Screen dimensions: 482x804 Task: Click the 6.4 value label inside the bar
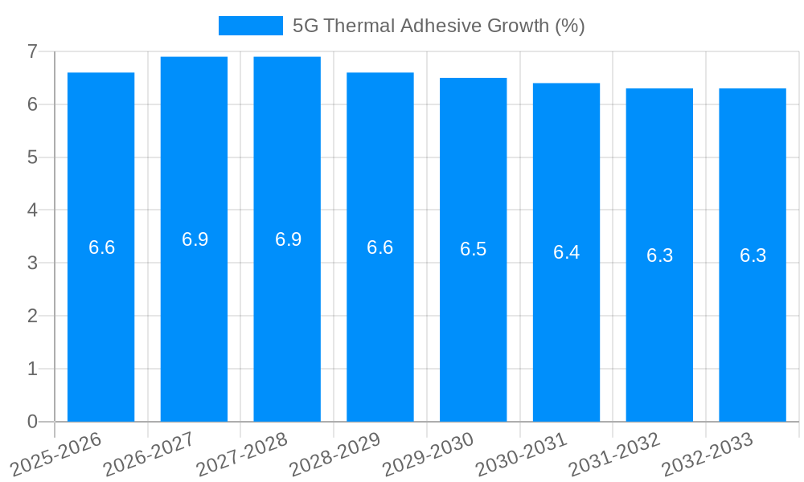[566, 252]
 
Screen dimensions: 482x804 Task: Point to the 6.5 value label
[473, 249]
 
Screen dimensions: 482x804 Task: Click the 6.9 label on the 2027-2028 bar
[288, 239]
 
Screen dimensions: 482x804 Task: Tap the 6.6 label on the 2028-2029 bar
[379, 247]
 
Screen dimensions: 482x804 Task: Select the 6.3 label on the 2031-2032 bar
[659, 255]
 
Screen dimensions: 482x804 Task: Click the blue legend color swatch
[250, 26]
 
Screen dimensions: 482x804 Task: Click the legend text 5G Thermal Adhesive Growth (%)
[438, 26]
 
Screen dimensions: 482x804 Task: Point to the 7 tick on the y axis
[32, 51]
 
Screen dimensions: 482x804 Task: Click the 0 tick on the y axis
[32, 422]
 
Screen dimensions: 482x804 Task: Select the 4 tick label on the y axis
[32, 210]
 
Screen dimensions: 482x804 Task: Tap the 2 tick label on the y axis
[32, 316]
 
